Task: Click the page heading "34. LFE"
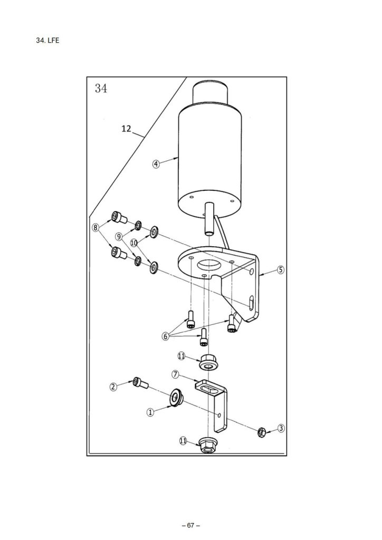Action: pyautogui.click(x=47, y=40)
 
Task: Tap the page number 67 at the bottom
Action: pyautogui.click(x=191, y=526)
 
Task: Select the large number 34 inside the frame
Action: pyautogui.click(x=101, y=89)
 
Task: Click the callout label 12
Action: pyautogui.click(x=127, y=129)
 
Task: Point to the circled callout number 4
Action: pyautogui.click(x=156, y=164)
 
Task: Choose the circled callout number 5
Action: pyautogui.click(x=281, y=269)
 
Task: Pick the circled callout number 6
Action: pyautogui.click(x=166, y=336)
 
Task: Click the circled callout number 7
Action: pyautogui.click(x=175, y=374)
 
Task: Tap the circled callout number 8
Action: pyautogui.click(x=96, y=228)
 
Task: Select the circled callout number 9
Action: pyautogui.click(x=119, y=237)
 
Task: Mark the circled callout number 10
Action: pyautogui.click(x=135, y=243)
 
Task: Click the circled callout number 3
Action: pyautogui.click(x=281, y=428)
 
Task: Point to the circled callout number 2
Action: pyautogui.click(x=113, y=387)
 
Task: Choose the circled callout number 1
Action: pyautogui.click(x=150, y=412)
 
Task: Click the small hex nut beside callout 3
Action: pyautogui.click(x=262, y=431)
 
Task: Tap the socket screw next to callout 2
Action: pyautogui.click(x=140, y=383)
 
